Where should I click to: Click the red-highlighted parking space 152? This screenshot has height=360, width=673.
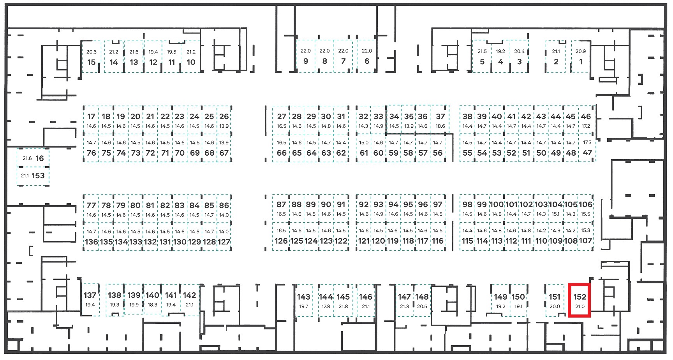pyautogui.click(x=580, y=300)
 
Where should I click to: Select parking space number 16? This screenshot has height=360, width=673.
pyautogui.click(x=33, y=158)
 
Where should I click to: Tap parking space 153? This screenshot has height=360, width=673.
pyautogui.click(x=33, y=176)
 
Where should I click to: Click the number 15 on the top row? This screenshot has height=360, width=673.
pyautogui.click(x=92, y=62)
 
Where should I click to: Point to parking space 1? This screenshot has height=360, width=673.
pyautogui.click(x=580, y=56)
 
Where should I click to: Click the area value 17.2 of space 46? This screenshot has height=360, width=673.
pyautogui.click(x=586, y=126)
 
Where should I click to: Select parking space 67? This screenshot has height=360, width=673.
pyautogui.click(x=224, y=148)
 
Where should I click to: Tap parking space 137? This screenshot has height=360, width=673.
pyautogui.click(x=90, y=300)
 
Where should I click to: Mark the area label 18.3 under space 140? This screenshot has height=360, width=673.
pyautogui.click(x=152, y=305)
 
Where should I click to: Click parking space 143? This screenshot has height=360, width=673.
pyautogui.click(x=304, y=300)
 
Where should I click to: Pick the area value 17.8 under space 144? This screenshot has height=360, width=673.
pyautogui.click(x=326, y=306)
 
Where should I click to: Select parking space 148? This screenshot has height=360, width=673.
pyautogui.click(x=422, y=300)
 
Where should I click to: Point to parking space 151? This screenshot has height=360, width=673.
pyautogui.click(x=555, y=300)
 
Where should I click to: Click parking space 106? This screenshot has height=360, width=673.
pyautogui.click(x=585, y=208)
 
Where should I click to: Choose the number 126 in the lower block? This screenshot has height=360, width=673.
pyautogui.click(x=281, y=241)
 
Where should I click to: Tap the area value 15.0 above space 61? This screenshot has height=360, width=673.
pyautogui.click(x=364, y=143)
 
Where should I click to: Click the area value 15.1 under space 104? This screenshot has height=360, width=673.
pyautogui.click(x=555, y=214)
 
